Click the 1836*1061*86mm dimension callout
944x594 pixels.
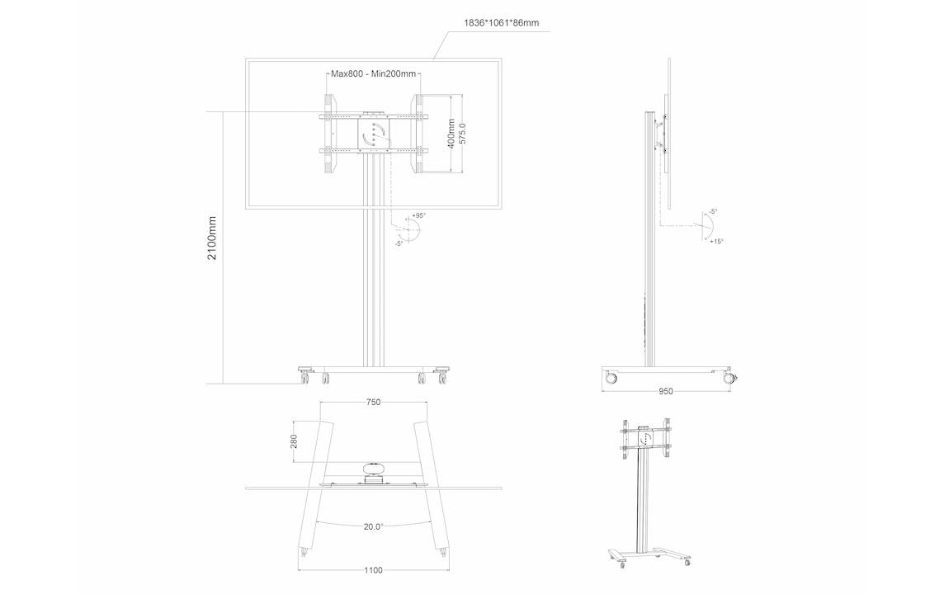pyautogui.click(x=501, y=22)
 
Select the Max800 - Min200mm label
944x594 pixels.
pyautogui.click(x=373, y=74)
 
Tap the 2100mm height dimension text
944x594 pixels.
pyautogui.click(x=212, y=238)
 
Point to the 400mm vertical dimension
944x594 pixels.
pyautogui.click(x=451, y=133)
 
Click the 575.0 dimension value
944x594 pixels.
pyautogui.click(x=463, y=134)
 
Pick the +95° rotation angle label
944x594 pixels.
pyautogui.click(x=418, y=215)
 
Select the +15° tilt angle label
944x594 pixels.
pyautogui.click(x=716, y=241)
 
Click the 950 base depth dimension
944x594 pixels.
pyautogui.click(x=666, y=391)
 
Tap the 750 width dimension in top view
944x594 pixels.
pyautogui.click(x=373, y=403)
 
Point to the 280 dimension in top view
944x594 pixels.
pyautogui.click(x=295, y=441)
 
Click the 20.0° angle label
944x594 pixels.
pyautogui.click(x=374, y=526)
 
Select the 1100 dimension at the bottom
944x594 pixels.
pyautogui.click(x=374, y=569)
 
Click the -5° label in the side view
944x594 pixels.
pyautogui.click(x=712, y=212)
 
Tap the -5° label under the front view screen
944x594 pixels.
pyautogui.click(x=399, y=243)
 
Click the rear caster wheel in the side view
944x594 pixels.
pyautogui.click(x=611, y=378)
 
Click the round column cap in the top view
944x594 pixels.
pyautogui.click(x=374, y=470)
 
